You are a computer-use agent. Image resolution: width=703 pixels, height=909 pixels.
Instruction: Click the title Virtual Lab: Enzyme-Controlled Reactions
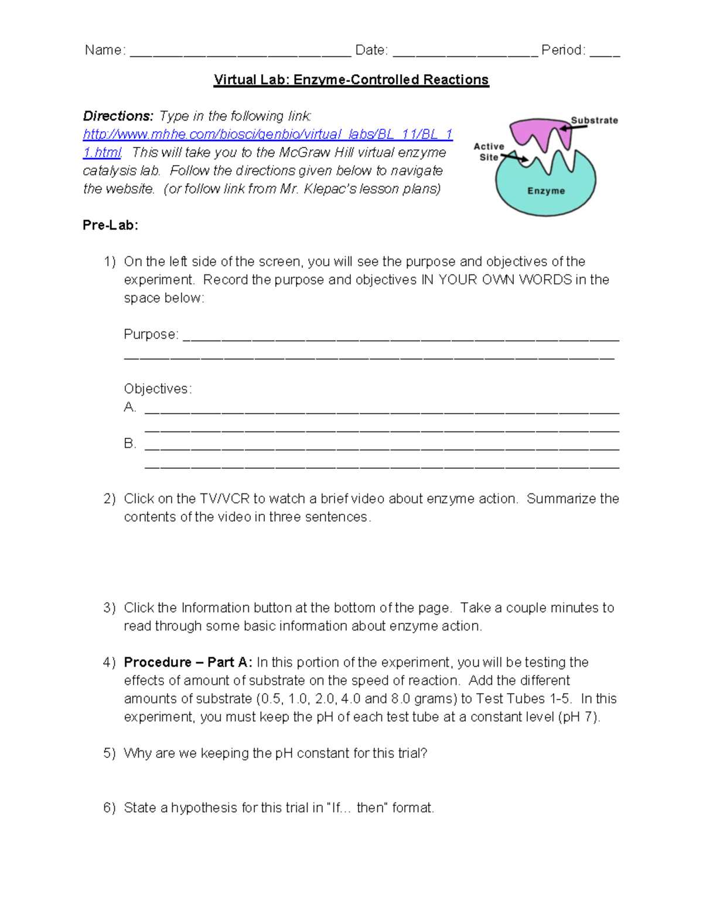(351, 80)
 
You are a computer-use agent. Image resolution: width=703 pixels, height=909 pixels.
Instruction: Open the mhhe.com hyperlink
(267, 135)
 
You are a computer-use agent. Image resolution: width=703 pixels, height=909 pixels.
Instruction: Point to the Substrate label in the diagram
(594, 121)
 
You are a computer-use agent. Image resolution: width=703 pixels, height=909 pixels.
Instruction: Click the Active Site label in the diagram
(489, 152)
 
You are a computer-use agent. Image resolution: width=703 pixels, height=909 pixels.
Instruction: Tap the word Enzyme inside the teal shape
(546, 191)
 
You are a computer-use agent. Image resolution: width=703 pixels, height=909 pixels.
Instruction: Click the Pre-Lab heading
(110, 225)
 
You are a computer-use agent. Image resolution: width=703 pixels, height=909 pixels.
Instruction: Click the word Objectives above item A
(157, 389)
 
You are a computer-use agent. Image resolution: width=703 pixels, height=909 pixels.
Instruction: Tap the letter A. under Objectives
(130, 407)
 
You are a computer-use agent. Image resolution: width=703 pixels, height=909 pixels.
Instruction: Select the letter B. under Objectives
(130, 444)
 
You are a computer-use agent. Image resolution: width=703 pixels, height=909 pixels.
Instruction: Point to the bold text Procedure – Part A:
(188, 662)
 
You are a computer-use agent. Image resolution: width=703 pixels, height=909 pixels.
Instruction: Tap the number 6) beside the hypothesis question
(110, 808)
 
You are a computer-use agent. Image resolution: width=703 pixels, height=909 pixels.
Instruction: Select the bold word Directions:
(118, 116)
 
